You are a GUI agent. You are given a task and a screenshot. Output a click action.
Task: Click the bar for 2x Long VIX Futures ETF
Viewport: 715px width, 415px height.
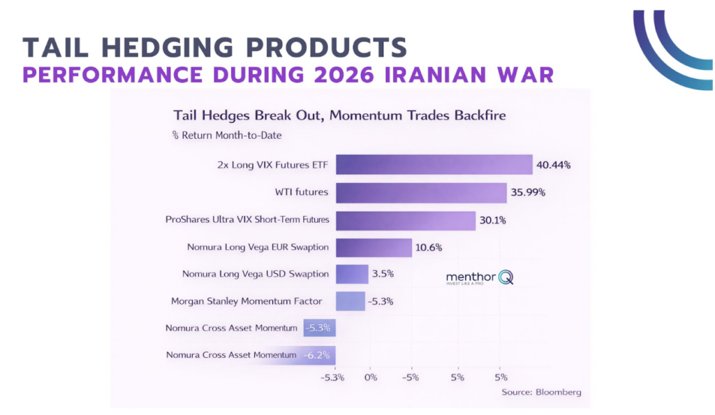pos(434,165)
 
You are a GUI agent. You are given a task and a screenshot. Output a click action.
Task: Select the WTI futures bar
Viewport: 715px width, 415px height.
pos(421,192)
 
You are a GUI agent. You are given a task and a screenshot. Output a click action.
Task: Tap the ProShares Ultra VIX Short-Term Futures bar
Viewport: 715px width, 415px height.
pos(405,220)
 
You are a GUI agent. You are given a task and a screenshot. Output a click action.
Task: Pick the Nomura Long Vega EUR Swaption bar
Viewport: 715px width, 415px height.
pos(374,247)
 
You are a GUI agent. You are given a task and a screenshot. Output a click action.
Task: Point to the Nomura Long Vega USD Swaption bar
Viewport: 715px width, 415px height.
pos(352,274)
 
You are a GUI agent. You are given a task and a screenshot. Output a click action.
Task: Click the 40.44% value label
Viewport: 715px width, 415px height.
pos(554,166)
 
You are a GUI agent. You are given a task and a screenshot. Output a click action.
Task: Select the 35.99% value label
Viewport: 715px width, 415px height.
pos(529,193)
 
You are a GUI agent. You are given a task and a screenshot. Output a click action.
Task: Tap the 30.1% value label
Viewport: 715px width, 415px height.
pos(492,220)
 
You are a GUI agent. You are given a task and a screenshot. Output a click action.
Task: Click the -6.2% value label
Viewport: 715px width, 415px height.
pos(318,355)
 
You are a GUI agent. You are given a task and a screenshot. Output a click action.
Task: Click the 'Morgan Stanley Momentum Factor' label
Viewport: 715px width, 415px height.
pos(246,301)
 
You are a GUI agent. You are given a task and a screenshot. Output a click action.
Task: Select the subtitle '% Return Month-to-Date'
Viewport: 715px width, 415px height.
pos(222,135)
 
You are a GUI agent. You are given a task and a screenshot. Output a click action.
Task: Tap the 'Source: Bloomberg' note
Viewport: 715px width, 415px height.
pos(541,392)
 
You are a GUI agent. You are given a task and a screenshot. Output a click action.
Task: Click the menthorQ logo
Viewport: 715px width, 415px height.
pos(480,278)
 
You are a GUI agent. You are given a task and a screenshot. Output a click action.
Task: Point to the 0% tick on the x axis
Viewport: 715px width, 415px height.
pos(370,377)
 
